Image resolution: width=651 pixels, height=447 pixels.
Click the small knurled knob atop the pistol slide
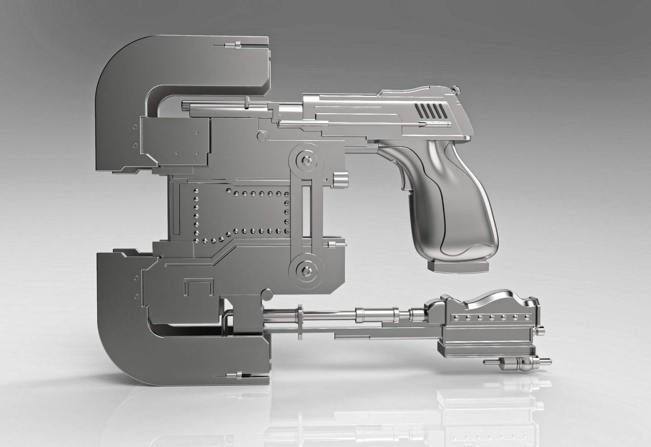[x=457, y=88]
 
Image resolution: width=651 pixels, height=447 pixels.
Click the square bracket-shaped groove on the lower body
[x=199, y=286]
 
